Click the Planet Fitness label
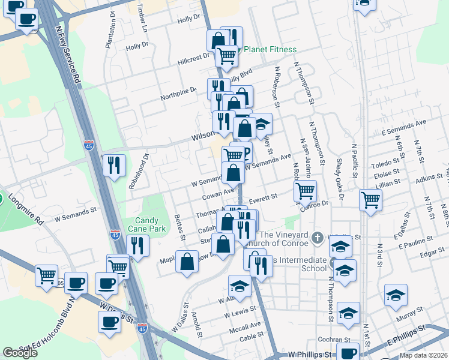tap(270, 50)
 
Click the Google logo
tap(20, 352)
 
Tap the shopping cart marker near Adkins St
tap(371, 201)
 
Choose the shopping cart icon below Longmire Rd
tap(46, 276)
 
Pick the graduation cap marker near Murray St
tap(396, 295)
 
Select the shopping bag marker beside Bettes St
tap(187, 261)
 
